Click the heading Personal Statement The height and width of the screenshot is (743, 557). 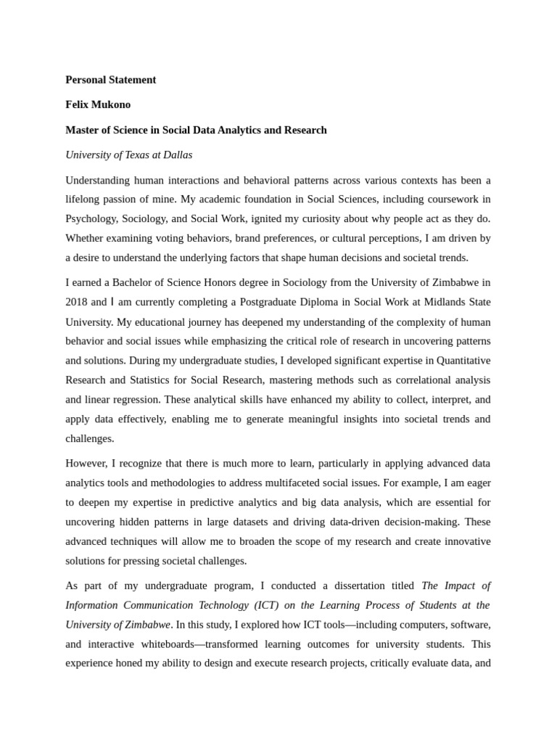(x=110, y=80)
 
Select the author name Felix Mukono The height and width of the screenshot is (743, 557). (x=98, y=104)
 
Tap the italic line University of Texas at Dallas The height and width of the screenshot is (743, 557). (x=128, y=155)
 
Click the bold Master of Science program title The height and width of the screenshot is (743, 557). (x=196, y=130)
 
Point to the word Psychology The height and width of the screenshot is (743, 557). (x=91, y=218)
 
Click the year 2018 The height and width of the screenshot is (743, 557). (x=78, y=302)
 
